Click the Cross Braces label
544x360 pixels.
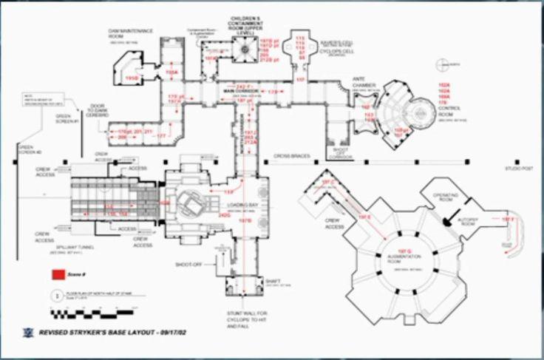(x=291, y=156)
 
